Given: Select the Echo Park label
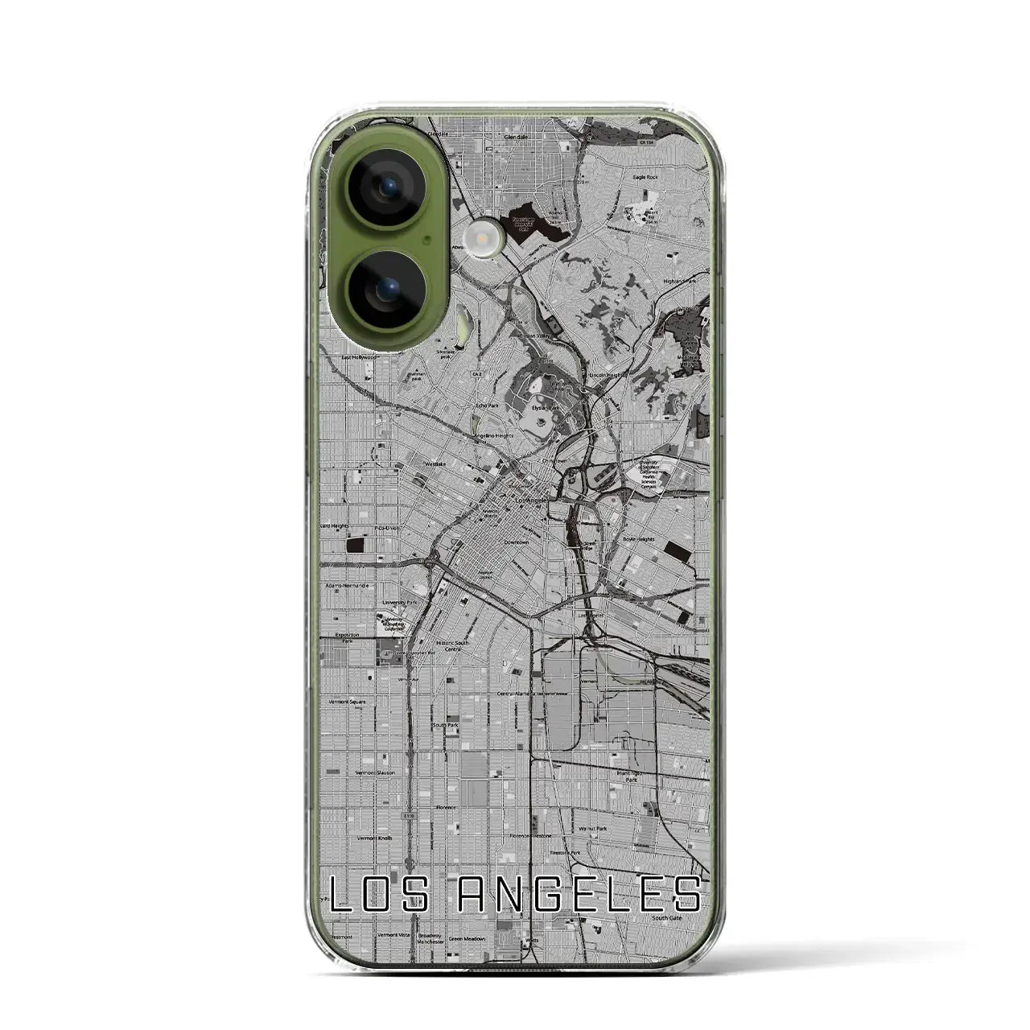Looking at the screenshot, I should pyautogui.click(x=488, y=406).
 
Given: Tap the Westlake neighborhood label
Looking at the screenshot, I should pyautogui.click(x=435, y=464).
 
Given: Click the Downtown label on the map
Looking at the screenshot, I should pyautogui.click(x=515, y=542).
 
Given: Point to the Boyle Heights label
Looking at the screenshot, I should pyautogui.click(x=638, y=540).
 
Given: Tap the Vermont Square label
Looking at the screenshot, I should pyautogui.click(x=348, y=702).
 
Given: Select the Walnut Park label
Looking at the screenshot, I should pyautogui.click(x=592, y=828).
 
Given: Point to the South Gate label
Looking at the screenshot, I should pyautogui.click(x=667, y=918).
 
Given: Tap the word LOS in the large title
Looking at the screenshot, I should pyautogui.click(x=379, y=894).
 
